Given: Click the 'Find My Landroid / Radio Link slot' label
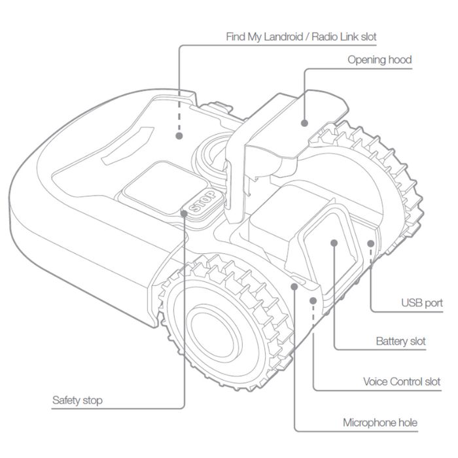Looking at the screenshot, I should (301, 37).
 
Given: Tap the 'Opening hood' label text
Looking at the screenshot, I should (379, 60).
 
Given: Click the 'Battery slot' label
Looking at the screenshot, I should (400, 342).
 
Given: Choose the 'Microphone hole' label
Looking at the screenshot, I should (380, 423).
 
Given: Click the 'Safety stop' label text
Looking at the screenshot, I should (77, 400).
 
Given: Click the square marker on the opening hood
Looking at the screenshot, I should (304, 122).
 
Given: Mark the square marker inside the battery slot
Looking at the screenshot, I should (334, 243).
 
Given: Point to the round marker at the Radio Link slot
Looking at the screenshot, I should (179, 135).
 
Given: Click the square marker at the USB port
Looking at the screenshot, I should (371, 243).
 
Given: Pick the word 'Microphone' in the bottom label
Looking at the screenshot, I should (366, 423).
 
